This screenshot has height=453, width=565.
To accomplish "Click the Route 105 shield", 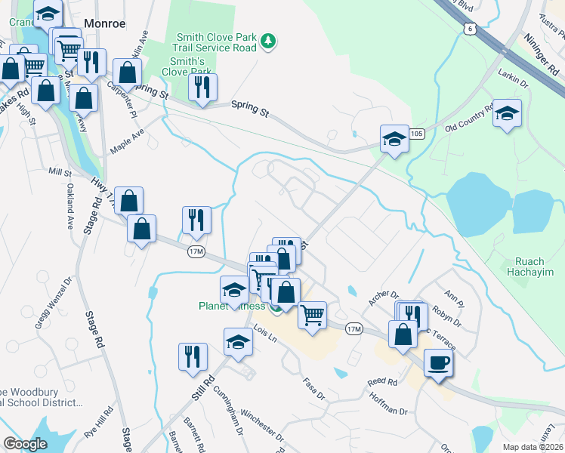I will point(418,134).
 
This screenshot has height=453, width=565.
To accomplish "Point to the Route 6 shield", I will point(471,29).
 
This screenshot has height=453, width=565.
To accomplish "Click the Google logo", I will point(25,443).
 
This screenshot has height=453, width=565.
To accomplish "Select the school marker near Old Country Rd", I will point(508,114).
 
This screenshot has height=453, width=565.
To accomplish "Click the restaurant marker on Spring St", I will point(202,88).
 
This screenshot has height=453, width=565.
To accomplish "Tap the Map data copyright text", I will point(533,447).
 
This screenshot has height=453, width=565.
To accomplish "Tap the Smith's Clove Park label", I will point(187,66).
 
